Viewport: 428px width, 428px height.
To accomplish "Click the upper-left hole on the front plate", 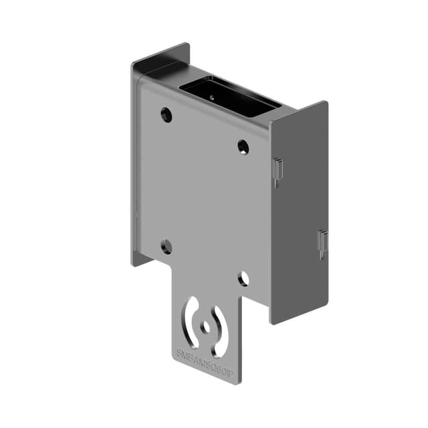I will [167, 115].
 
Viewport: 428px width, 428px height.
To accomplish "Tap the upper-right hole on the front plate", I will [243, 147].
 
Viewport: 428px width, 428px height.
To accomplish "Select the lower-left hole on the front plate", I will [167, 247].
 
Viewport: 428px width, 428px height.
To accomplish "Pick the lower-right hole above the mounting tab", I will [243, 278].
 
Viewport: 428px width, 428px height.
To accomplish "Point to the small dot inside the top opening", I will [213, 96].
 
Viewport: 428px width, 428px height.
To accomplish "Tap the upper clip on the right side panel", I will [278, 171].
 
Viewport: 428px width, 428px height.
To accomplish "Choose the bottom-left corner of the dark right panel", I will [272, 323].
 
